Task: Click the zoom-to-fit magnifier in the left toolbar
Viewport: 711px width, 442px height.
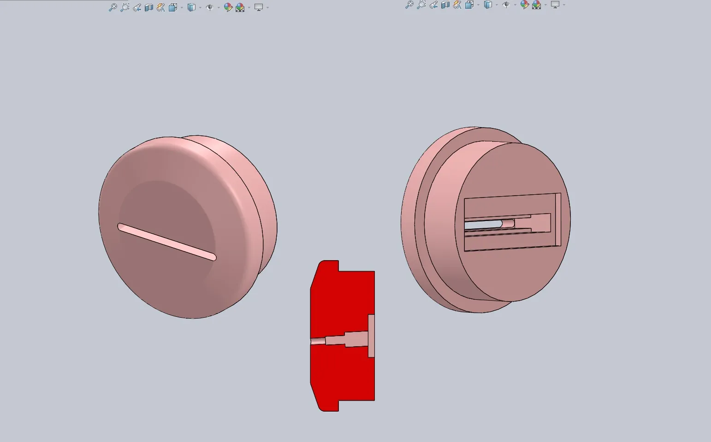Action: click(x=113, y=7)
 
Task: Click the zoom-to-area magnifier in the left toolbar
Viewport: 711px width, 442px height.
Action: click(x=124, y=7)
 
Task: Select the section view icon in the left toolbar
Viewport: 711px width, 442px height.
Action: click(x=148, y=7)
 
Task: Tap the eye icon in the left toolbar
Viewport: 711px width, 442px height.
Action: click(x=209, y=7)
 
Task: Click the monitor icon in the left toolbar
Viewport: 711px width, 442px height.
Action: click(x=259, y=7)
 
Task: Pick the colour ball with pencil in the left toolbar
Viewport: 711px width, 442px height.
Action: click(x=228, y=7)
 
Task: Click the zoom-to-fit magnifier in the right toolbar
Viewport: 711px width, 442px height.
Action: click(x=409, y=5)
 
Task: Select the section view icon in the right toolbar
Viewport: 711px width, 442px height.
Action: click(x=445, y=5)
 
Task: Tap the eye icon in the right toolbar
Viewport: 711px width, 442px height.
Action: click(x=506, y=5)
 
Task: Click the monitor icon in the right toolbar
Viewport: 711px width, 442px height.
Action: click(x=555, y=5)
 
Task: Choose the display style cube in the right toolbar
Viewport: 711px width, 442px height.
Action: click(x=487, y=5)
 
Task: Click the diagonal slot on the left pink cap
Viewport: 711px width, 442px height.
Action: click(x=166, y=242)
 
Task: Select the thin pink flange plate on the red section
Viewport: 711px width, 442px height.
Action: click(x=371, y=336)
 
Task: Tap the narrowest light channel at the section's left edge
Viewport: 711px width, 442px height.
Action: click(x=317, y=341)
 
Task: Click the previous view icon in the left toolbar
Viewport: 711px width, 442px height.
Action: click(x=136, y=7)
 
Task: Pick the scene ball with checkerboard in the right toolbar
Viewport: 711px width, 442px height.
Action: click(x=536, y=5)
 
